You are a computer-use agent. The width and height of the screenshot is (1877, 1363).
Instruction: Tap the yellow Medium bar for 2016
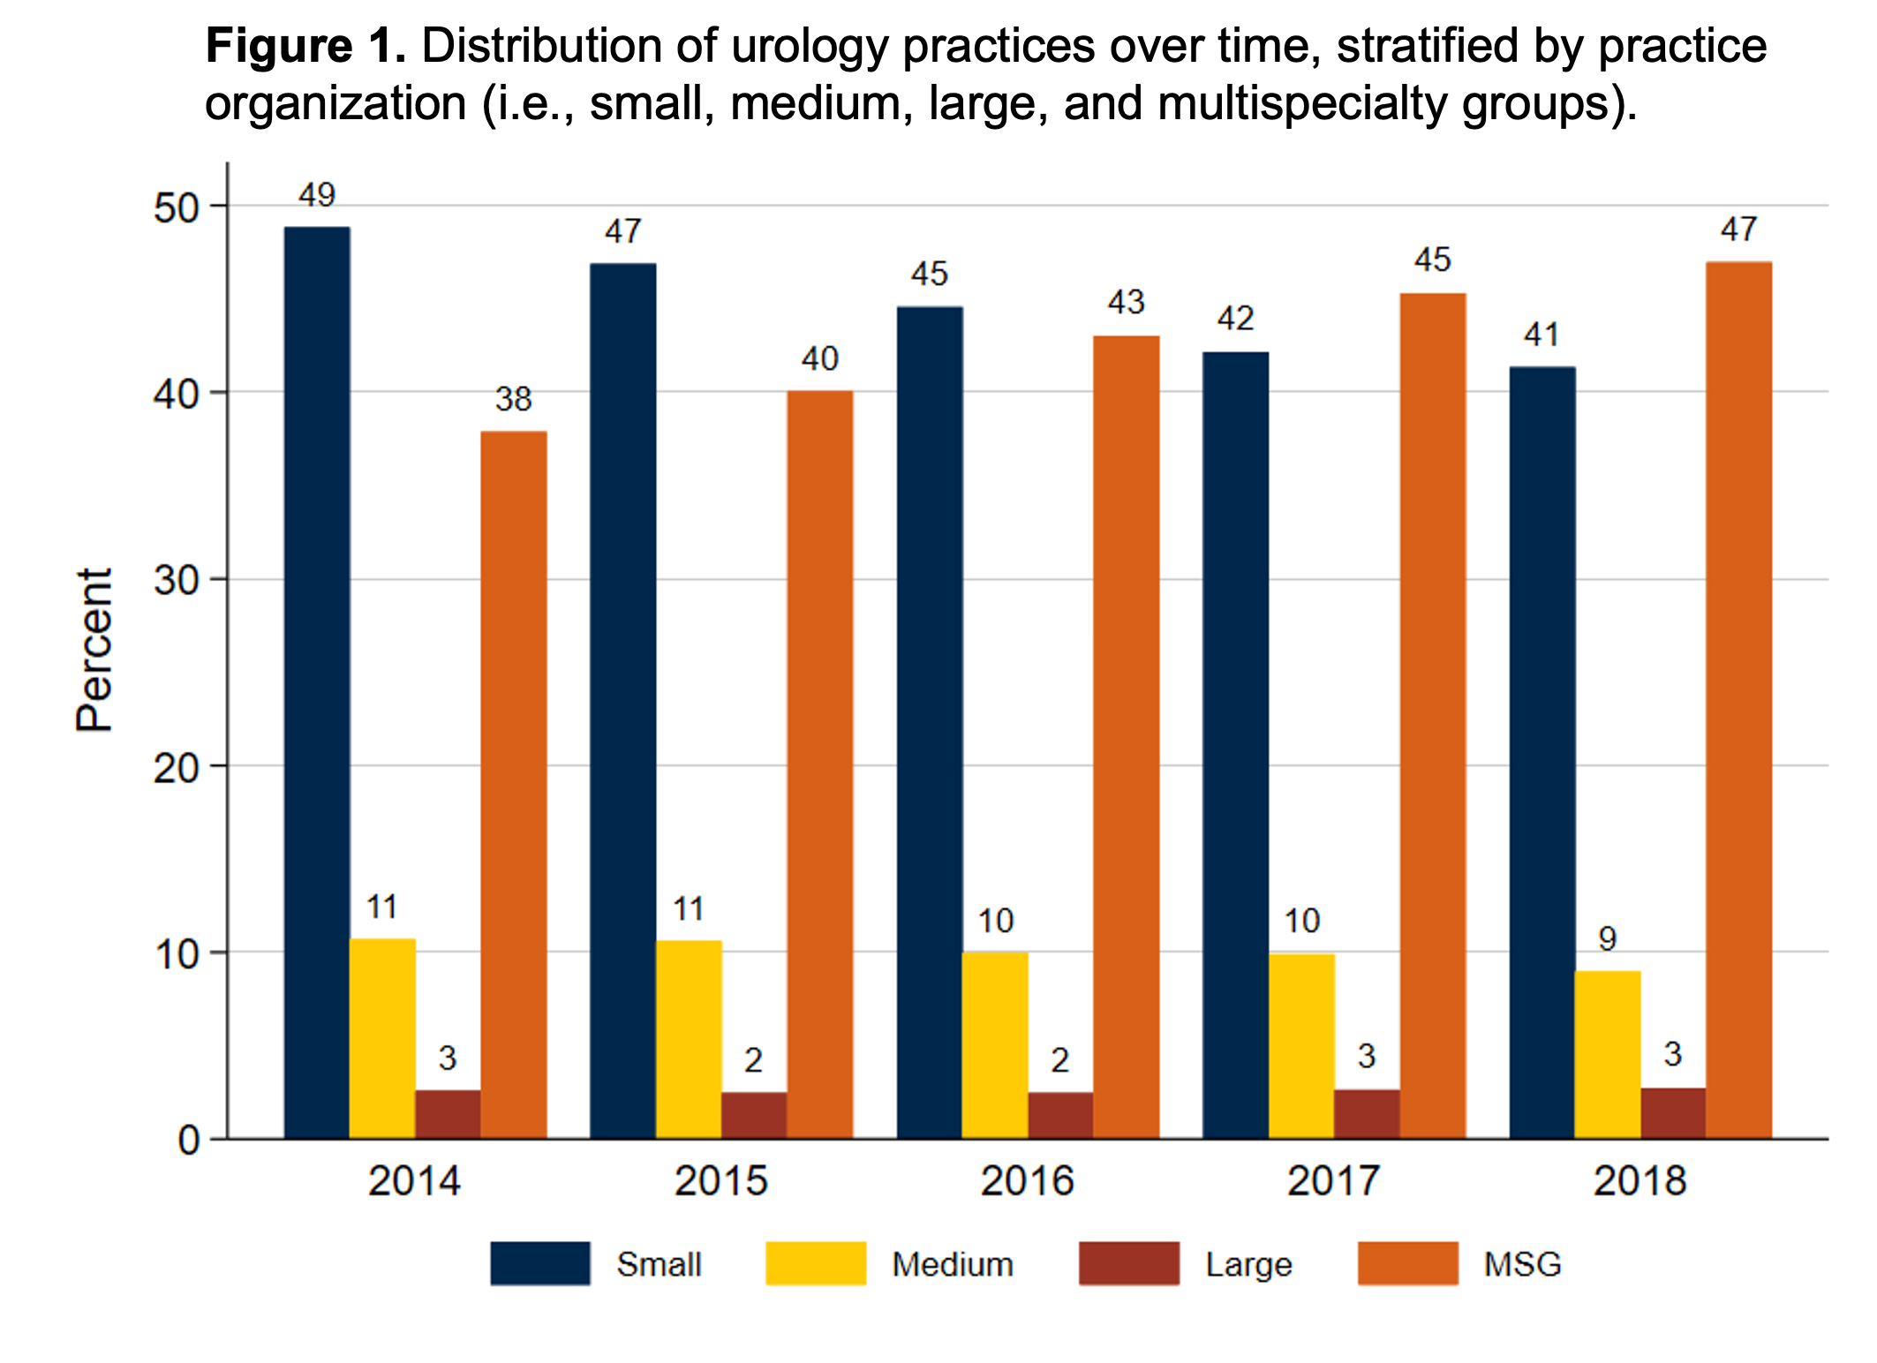pyautogui.click(x=995, y=1045)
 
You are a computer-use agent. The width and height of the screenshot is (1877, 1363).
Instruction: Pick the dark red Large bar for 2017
pyautogui.click(x=1367, y=1114)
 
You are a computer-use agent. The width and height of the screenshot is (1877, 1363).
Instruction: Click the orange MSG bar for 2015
pyautogui.click(x=820, y=764)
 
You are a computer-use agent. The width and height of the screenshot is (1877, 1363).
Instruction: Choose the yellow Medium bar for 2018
pyautogui.click(x=1608, y=1054)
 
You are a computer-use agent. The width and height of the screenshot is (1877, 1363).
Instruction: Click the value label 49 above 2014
pyautogui.click(x=317, y=195)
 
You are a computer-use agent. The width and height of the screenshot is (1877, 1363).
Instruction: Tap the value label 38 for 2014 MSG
pyautogui.click(x=513, y=399)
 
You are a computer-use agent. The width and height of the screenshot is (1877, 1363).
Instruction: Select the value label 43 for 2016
pyautogui.click(x=1126, y=303)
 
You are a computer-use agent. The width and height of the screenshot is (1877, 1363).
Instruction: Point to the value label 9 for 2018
pyautogui.click(x=1608, y=938)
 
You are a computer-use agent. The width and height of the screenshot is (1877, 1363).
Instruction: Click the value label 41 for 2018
pyautogui.click(x=1542, y=335)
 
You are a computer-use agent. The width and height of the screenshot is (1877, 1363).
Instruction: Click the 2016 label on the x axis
pyautogui.click(x=1027, y=1181)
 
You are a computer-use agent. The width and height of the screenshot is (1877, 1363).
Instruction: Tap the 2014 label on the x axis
pyautogui.click(x=414, y=1181)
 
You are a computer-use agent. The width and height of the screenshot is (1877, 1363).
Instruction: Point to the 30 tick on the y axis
pyautogui.click(x=176, y=580)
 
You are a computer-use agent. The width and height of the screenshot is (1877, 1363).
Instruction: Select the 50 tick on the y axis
pyautogui.click(x=176, y=208)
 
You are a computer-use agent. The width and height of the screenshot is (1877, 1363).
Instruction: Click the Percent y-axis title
pyautogui.click(x=94, y=650)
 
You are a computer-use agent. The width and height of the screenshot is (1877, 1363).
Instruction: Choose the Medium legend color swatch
pyautogui.click(x=815, y=1263)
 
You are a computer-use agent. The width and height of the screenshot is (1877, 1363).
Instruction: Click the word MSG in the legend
pyautogui.click(x=1522, y=1264)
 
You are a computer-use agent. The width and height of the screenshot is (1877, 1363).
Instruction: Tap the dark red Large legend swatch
pyautogui.click(x=1128, y=1263)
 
